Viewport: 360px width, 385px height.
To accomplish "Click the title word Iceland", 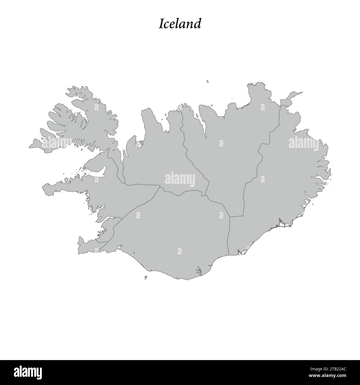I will [180, 24].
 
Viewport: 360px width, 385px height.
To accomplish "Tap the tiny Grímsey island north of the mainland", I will [207, 81].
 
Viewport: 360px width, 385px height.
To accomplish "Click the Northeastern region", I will [230, 155].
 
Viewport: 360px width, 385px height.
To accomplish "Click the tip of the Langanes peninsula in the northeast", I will [302, 93].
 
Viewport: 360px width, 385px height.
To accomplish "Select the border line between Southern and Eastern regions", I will [228, 235].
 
